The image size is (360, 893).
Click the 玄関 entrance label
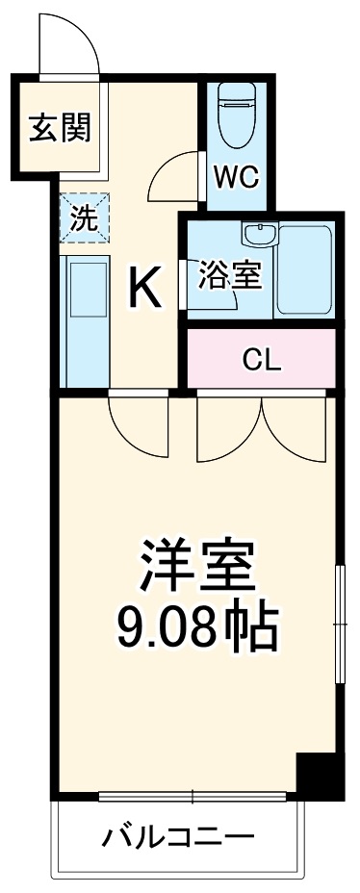59,129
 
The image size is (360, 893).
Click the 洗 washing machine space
85,218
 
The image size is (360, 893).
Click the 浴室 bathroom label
230,275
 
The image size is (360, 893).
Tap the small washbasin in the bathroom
258,237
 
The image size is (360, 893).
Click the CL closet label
261,360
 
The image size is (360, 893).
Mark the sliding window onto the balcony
193,796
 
